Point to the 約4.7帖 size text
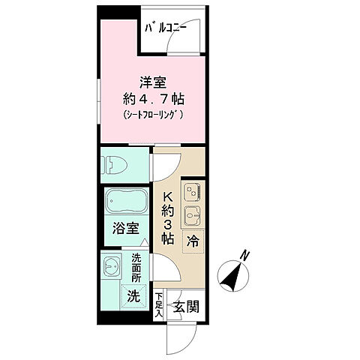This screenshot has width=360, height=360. (154, 98)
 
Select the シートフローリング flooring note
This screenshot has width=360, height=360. (154, 115)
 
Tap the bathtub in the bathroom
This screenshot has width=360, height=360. (126, 203)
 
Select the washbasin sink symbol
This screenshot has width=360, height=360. (113, 268)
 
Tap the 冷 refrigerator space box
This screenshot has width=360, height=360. (193, 241)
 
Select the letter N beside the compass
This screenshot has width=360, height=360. (244, 257)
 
